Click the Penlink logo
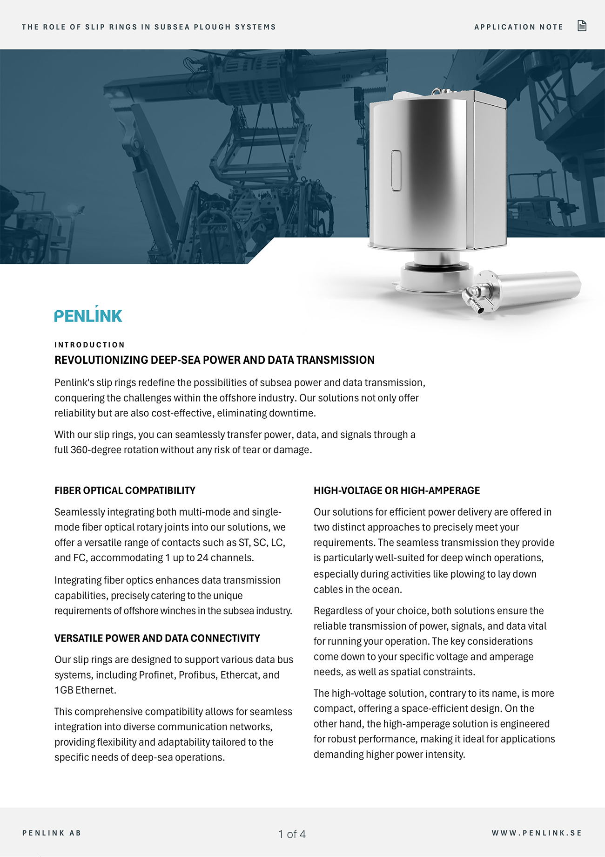88,315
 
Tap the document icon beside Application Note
582,26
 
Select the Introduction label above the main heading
89,345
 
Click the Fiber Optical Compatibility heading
125,490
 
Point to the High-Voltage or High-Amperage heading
397,490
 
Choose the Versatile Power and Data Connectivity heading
157,638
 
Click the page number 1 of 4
292,834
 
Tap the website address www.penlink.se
537,833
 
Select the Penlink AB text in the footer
52,833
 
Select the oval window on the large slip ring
396,170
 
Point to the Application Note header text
518,27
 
